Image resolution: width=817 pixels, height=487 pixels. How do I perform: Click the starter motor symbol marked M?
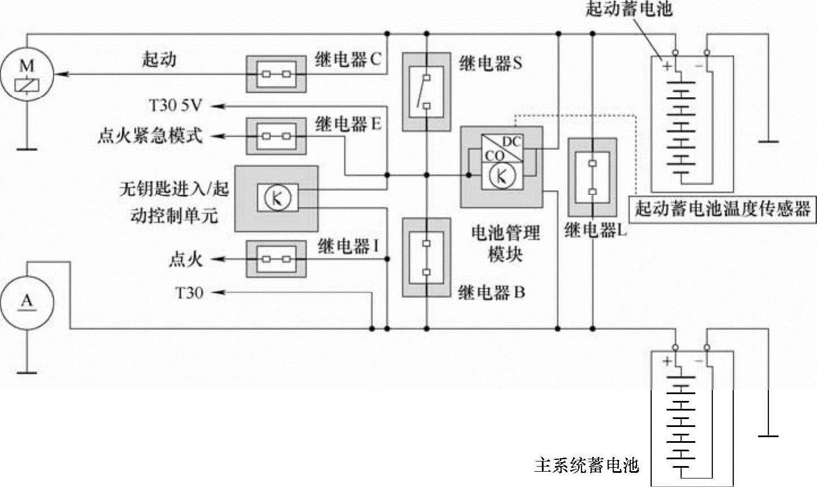pyautogui.click(x=27, y=74)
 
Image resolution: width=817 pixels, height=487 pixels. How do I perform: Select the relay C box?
pyautogui.click(x=276, y=74)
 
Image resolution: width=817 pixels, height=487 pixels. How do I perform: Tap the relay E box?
pyautogui.click(x=276, y=136)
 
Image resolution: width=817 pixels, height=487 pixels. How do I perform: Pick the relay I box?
pyautogui.click(x=276, y=259)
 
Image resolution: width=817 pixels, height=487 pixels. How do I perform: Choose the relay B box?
pyautogui.click(x=426, y=258)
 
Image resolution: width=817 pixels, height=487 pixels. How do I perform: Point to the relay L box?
pyautogui.click(x=592, y=177)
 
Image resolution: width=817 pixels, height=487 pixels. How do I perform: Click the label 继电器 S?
pyautogui.click(x=490, y=63)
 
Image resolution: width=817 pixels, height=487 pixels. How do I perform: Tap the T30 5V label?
pyautogui.click(x=176, y=105)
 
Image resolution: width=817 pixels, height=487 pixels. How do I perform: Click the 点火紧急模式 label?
pyautogui.click(x=149, y=136)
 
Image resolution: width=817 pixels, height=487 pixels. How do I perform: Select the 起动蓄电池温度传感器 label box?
pyautogui.click(x=722, y=209)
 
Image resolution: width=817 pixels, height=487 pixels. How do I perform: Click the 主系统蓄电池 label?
pyautogui.click(x=587, y=465)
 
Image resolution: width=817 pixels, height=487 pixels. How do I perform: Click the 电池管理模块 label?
pyautogui.click(x=506, y=243)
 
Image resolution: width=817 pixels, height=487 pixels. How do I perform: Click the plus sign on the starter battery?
pyautogui.click(x=666, y=66)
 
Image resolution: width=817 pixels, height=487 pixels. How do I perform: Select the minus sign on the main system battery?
pyautogui.click(x=698, y=361)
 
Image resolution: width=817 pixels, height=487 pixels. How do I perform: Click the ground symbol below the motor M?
pyautogui.click(x=27, y=149)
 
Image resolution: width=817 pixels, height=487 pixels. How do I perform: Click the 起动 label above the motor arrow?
pyautogui.click(x=159, y=59)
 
